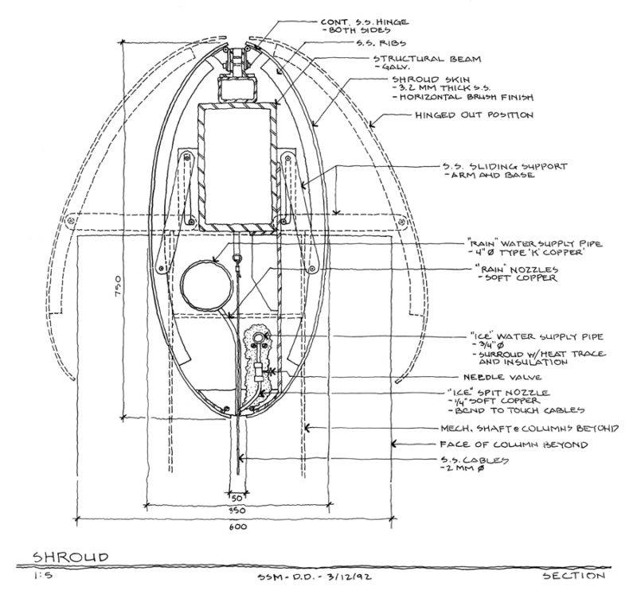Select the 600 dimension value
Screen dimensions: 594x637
pos(237,526)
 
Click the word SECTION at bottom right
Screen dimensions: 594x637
pos(573,576)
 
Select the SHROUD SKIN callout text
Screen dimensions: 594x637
pos(429,80)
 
